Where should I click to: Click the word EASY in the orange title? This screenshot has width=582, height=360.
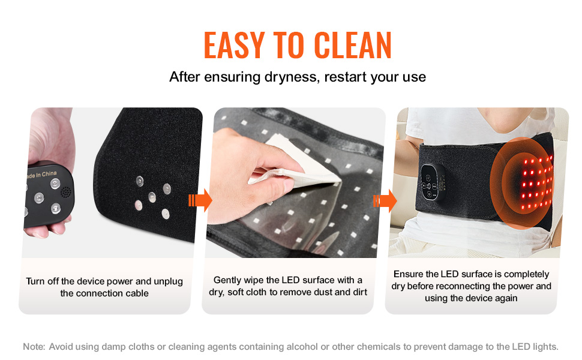234,45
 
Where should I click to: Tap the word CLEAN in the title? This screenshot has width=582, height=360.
353,45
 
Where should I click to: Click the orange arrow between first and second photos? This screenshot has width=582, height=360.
200,200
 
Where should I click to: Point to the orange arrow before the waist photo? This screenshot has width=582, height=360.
385,201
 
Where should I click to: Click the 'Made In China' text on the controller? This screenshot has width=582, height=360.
41,175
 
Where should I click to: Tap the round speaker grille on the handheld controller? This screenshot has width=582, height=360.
65,192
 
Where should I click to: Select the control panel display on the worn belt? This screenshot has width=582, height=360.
433,182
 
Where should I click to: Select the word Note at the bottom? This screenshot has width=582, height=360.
34,347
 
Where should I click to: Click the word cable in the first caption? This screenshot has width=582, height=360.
137,293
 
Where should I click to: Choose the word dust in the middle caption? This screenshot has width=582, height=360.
323,292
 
